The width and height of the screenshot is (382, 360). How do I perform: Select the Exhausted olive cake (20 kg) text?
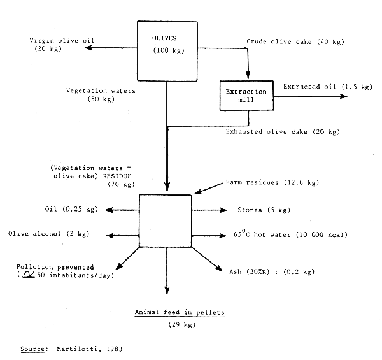283,132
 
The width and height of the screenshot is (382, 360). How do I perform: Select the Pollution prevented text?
57,266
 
